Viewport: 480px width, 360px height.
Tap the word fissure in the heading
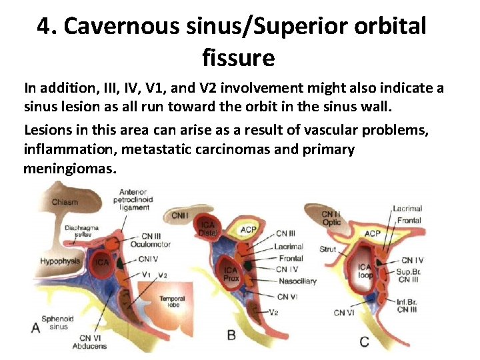click(x=239, y=58)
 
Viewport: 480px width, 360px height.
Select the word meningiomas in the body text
click(x=69, y=169)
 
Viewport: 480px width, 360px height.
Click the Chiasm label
click(x=65, y=202)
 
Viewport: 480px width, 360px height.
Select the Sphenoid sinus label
click(x=57, y=323)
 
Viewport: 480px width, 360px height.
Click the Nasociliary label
click(x=295, y=281)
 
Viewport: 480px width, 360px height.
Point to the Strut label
click(x=327, y=249)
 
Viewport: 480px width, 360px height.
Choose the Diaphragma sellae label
click(x=81, y=231)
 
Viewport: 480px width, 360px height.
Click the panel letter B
click(x=231, y=335)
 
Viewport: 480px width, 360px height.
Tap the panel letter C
click(x=364, y=341)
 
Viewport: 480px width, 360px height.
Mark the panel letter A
click(x=35, y=327)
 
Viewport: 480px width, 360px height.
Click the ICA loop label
click(x=365, y=271)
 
